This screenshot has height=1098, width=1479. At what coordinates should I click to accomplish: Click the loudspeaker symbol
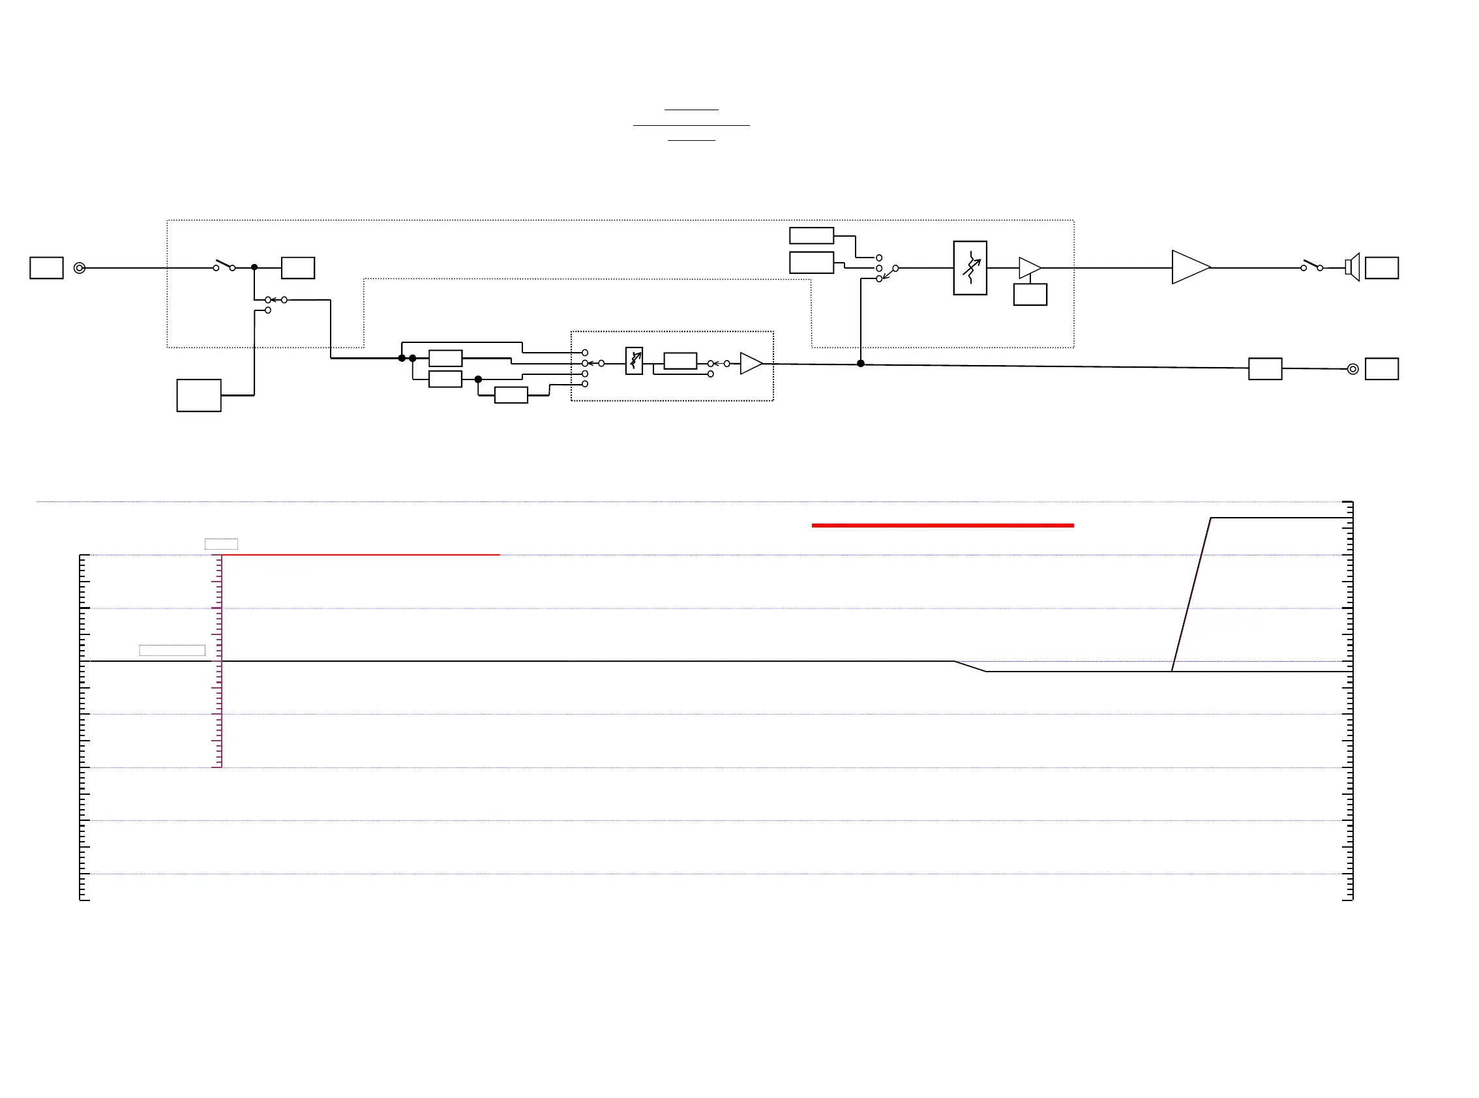click(x=1352, y=267)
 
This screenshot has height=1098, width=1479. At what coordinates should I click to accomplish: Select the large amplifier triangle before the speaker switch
click(x=1189, y=267)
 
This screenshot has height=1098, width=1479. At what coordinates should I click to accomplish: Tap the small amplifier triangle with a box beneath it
click(x=1029, y=267)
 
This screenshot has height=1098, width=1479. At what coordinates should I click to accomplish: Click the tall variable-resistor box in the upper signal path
click(x=970, y=268)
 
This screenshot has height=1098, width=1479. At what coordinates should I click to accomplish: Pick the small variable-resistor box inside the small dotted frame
click(x=634, y=361)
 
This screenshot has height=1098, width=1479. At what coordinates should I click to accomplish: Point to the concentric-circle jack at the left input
click(x=80, y=268)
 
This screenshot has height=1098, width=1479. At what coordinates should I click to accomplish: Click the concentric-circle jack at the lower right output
click(x=1352, y=369)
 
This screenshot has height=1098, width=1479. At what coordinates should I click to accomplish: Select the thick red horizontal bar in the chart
click(x=942, y=525)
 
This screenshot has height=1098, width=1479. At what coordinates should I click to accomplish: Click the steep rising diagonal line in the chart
click(x=1191, y=594)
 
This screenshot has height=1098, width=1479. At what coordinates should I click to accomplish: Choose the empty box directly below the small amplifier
click(x=1030, y=295)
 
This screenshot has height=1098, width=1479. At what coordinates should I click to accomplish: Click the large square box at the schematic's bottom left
click(x=199, y=396)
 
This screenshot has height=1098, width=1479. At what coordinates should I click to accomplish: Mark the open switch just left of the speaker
click(x=1311, y=266)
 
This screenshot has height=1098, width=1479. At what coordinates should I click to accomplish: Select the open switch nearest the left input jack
click(x=224, y=265)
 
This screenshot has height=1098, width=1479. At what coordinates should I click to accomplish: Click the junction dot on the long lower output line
click(x=861, y=364)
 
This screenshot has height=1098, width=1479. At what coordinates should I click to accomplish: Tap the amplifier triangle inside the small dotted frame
click(x=751, y=364)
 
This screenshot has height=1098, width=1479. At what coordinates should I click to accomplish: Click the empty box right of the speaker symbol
click(x=1382, y=268)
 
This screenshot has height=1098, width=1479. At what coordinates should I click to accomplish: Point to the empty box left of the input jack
click(x=46, y=268)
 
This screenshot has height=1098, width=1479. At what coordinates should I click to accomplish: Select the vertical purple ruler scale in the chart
click(x=219, y=660)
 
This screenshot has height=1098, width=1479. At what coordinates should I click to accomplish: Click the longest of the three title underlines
click(x=691, y=125)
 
